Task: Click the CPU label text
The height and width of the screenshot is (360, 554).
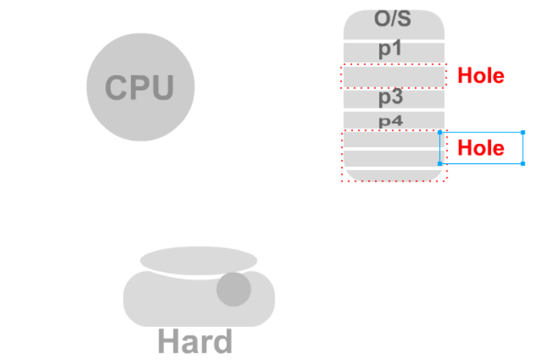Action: tap(140, 87)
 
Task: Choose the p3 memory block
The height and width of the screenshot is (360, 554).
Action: tap(393, 99)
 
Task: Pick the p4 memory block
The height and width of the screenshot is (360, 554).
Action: tap(393, 121)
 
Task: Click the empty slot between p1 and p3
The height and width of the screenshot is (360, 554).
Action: tap(393, 76)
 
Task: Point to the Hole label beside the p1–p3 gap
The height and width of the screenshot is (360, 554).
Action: tap(481, 75)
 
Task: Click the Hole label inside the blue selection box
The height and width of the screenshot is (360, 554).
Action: tap(481, 148)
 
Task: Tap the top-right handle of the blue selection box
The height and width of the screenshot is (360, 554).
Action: tap(523, 132)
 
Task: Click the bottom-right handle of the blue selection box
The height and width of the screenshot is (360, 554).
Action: tap(523, 163)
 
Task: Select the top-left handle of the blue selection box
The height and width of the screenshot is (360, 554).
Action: tap(440, 132)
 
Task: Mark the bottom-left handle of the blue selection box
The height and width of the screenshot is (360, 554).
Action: tap(440, 163)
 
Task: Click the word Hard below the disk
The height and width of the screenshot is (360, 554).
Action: tap(195, 342)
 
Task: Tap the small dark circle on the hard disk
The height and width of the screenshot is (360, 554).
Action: tap(234, 289)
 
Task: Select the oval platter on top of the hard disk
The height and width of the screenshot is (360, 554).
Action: tap(198, 260)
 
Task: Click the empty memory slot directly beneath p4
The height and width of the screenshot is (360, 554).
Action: tap(392, 139)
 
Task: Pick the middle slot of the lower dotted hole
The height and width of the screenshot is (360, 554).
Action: tap(392, 158)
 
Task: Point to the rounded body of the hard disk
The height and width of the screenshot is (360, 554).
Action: tap(170, 302)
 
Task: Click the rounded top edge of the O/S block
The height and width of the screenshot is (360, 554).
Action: tap(393, 12)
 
